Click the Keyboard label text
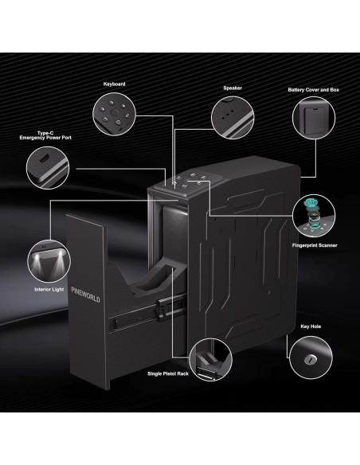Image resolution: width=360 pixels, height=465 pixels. pos(114,84)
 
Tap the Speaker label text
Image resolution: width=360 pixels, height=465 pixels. pos(233,88)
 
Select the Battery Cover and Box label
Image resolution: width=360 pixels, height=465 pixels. pos(314,89)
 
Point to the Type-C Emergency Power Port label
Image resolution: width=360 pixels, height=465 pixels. pos(45,135)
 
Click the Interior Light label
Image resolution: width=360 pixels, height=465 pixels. pos(49,290)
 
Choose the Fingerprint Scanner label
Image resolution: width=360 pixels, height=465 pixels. pos(315,245)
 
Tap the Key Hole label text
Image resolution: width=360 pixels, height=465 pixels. pos(311,326)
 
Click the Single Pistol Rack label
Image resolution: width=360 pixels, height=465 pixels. pos(168,373)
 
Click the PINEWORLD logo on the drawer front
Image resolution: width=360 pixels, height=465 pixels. pos(86,295)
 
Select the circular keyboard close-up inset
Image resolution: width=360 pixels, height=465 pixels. pos(114,114)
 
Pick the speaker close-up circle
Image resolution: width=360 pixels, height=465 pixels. pos(233,117)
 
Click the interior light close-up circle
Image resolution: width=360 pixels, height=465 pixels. pos(49,261)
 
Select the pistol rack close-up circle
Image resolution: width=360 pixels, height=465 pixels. pos(210,359)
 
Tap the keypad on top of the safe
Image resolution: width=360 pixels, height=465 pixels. pos(190,182)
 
